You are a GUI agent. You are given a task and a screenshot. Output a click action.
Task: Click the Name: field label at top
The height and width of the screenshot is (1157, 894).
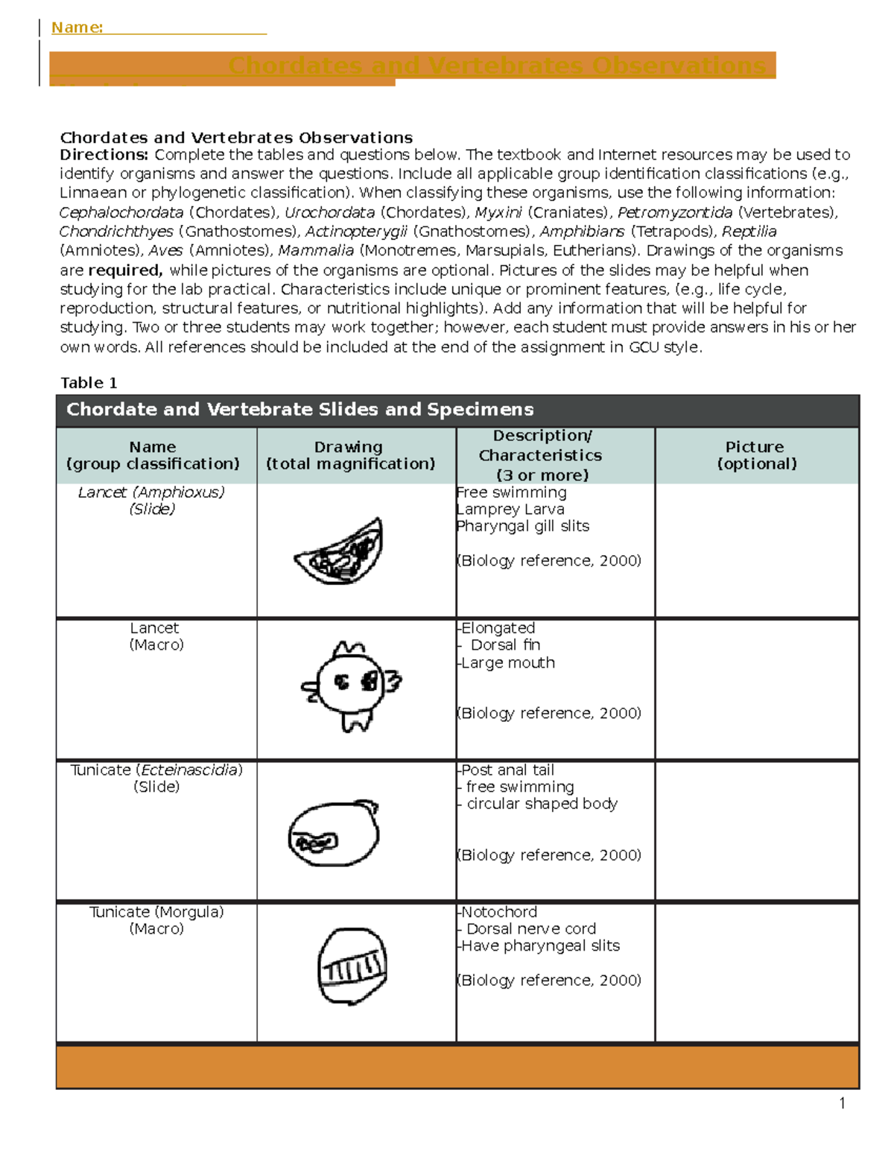(77, 28)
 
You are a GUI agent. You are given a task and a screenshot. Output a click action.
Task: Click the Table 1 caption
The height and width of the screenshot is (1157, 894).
(89, 383)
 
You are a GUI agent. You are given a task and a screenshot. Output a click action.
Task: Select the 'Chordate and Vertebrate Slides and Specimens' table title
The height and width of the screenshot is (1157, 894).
(299, 410)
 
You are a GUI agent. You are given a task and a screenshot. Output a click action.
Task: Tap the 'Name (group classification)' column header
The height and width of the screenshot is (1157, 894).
(153, 455)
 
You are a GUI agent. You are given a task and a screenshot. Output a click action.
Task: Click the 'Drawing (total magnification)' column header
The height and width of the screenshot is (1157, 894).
(350, 455)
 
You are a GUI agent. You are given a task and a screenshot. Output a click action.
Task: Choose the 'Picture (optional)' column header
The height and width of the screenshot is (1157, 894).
(756, 455)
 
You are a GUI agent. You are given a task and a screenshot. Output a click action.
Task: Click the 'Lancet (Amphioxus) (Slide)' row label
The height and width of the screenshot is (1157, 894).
(152, 501)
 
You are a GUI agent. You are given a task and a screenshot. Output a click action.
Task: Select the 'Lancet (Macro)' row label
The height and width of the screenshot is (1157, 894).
(155, 636)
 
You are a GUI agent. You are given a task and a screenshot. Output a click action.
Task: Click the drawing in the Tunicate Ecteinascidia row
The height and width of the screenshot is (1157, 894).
(334, 833)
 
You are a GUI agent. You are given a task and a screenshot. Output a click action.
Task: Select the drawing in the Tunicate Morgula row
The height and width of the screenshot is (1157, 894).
(352, 966)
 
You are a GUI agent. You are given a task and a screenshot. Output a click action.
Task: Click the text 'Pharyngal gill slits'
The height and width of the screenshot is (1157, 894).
(524, 526)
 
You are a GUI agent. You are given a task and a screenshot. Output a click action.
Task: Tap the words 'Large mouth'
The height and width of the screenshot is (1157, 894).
(507, 663)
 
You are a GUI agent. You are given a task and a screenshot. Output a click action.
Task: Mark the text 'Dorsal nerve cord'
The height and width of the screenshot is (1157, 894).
(530, 929)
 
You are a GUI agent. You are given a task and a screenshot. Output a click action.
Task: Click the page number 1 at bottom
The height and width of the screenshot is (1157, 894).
(842, 1103)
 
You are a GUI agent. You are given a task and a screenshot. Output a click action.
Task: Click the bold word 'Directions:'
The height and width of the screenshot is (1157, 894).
(104, 155)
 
